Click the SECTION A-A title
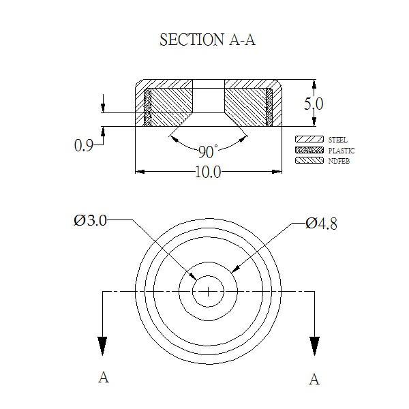tap(207, 40)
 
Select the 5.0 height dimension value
tap(314, 104)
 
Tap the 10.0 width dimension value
tap(208, 172)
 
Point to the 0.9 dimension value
tap(83, 145)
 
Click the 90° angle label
tap(208, 151)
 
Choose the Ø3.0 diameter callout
tap(90, 221)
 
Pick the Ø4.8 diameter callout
tap(321, 224)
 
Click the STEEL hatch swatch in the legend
tap(309, 139)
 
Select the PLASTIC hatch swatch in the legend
tap(309, 150)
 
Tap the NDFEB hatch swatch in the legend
tap(309, 160)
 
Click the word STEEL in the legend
tap(338, 140)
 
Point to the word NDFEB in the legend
tap(339, 161)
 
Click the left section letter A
tap(104, 377)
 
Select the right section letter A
tap(314, 379)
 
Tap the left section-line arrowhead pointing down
tap(102, 346)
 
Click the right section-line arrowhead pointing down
tap(314, 346)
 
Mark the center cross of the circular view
tap(208, 291)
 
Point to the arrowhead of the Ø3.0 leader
tap(193, 276)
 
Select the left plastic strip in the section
tap(148, 108)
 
